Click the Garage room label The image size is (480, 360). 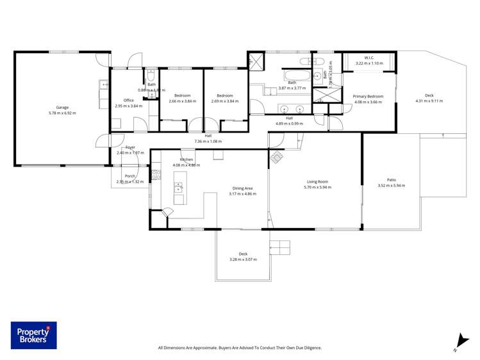62,108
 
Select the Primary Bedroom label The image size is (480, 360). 368,96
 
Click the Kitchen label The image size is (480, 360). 186,160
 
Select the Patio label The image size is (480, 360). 391,180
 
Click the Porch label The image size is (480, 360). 129,176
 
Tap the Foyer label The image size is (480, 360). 130,147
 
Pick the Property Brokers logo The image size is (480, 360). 33,335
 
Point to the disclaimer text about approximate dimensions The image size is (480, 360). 240,348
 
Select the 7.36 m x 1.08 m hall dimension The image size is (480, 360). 208,142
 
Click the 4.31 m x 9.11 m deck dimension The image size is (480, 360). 429,101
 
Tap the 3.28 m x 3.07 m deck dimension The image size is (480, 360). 243,259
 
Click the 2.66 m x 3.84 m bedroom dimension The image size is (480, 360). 181,101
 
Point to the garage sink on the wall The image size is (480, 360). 103,84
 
